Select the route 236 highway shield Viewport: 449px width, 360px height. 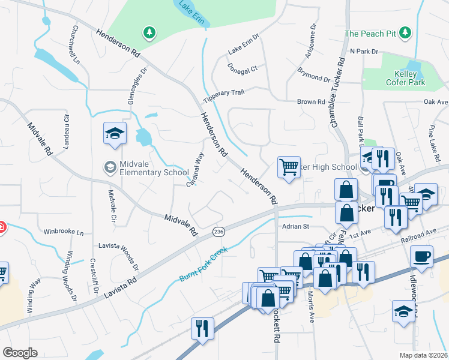tap(218, 230)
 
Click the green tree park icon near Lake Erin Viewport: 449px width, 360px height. tap(148, 31)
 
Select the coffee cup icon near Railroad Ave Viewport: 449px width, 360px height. tap(421, 256)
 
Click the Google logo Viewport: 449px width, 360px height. tap(20, 352)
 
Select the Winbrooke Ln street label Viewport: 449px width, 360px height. tap(64, 231)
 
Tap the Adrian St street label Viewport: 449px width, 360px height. tap(295, 226)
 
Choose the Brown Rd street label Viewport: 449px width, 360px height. tap(311, 102)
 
